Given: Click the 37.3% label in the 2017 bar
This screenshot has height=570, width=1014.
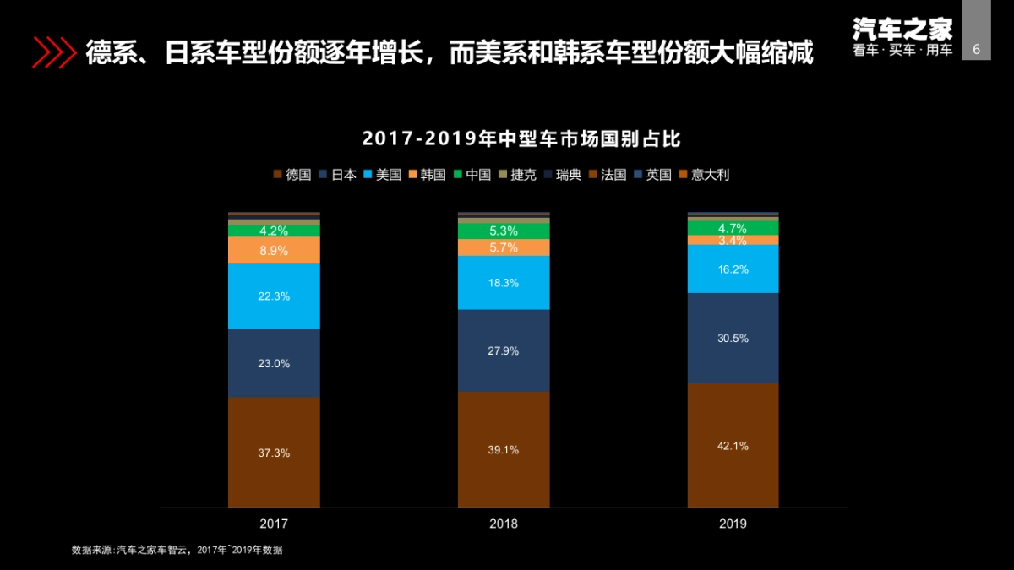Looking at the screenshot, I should coord(274,453).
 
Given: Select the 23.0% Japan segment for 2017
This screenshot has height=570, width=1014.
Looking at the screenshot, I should coord(274,364).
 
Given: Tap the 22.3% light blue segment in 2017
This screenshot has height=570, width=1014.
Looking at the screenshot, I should coord(274,296).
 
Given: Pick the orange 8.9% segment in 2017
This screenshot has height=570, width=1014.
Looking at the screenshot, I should coord(274,251).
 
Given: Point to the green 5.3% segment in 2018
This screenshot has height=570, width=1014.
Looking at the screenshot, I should coord(504,231).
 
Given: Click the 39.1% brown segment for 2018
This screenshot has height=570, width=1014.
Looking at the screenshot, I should coord(504,450).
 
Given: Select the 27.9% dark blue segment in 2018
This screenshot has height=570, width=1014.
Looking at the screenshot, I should coord(504,350).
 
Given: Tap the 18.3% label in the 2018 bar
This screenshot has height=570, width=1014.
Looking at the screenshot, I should coord(504,283).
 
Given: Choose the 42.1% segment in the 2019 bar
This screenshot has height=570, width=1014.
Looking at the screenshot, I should coord(733,446).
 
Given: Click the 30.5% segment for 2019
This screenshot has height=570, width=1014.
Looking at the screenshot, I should coord(733,338).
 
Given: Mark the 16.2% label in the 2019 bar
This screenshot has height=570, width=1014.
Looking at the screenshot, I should coord(733,269).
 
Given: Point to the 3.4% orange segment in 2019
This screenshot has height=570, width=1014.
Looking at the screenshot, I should coord(733,241).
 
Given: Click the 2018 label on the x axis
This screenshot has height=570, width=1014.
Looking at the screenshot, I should coord(504,524).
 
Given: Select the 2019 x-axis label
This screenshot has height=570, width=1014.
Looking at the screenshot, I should coord(733,524).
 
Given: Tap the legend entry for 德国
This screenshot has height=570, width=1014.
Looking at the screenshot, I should coord(292,175).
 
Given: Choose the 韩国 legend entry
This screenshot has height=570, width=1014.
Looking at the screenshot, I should coord(426,175).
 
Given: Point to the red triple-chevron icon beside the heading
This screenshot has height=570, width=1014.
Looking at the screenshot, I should coord(53,52).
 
